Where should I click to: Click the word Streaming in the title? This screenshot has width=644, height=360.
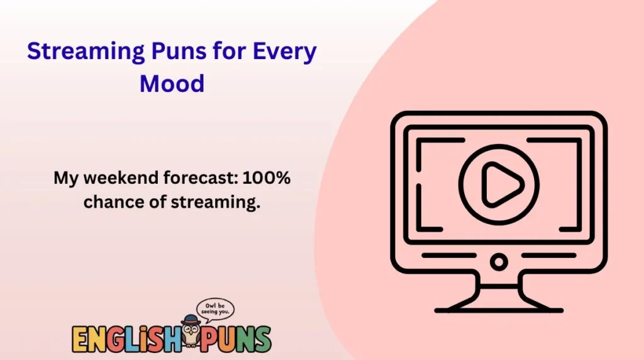(x=79, y=53)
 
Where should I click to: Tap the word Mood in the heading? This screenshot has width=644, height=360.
(x=172, y=82)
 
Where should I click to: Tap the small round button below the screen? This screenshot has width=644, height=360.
(x=499, y=261)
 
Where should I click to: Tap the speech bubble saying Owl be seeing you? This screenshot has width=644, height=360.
(x=216, y=309)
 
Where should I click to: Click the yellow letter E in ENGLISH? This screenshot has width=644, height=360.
(x=80, y=339)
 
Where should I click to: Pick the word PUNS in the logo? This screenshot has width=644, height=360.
(x=237, y=339)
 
